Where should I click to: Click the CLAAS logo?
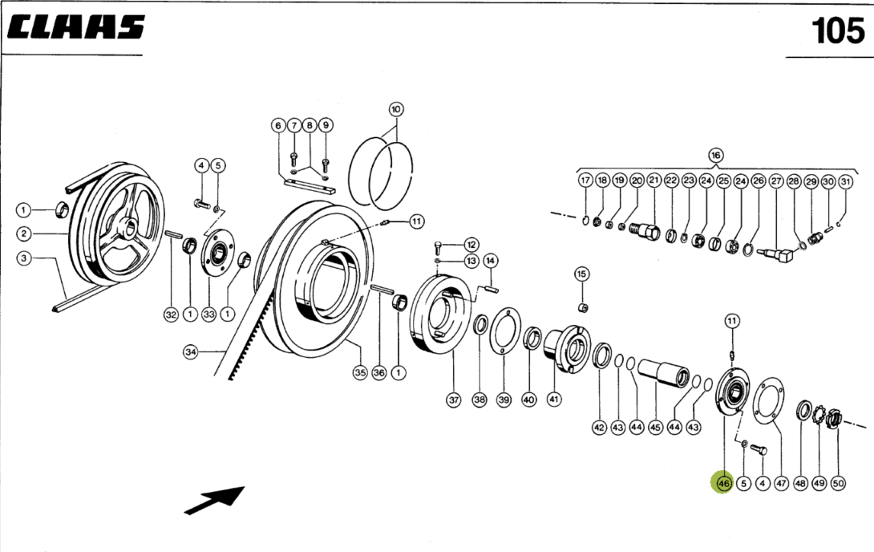click(x=76, y=28)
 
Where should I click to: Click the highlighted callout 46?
click(x=723, y=484)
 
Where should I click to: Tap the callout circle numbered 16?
click(x=715, y=155)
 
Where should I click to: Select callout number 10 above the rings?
click(x=395, y=108)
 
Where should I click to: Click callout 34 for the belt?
click(x=190, y=351)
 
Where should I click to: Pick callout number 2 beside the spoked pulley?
click(x=24, y=234)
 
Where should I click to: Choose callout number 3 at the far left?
click(x=24, y=259)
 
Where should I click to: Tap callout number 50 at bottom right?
click(x=838, y=484)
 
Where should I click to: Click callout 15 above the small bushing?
click(x=581, y=274)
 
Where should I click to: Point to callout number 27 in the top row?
click(x=775, y=181)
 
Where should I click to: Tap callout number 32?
click(x=171, y=315)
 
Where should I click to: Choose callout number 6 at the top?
click(x=277, y=126)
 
